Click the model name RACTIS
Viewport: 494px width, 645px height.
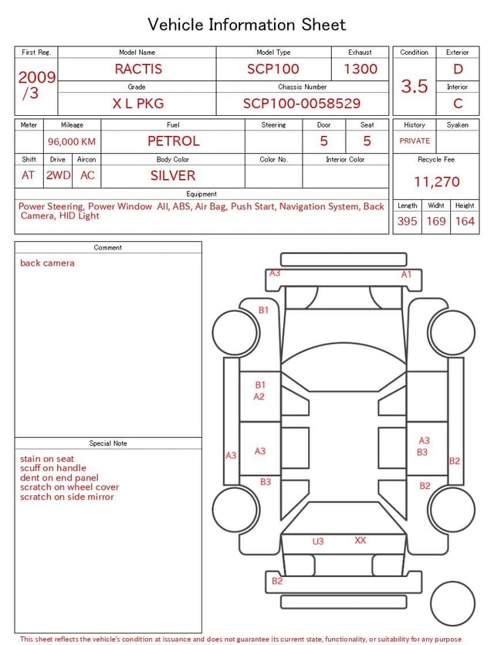[138, 69]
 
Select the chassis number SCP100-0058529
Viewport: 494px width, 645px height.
[302, 104]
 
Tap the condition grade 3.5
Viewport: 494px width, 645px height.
[414, 86]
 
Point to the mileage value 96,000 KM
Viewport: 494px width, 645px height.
[72, 141]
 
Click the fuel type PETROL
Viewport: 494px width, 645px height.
[174, 141]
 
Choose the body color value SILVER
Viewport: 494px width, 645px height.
[173, 175]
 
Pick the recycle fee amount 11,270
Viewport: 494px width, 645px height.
[436, 182]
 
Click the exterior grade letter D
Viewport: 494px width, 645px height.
[458, 69]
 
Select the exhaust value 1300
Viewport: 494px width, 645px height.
[360, 69]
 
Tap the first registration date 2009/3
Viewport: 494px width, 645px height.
[36, 85]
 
